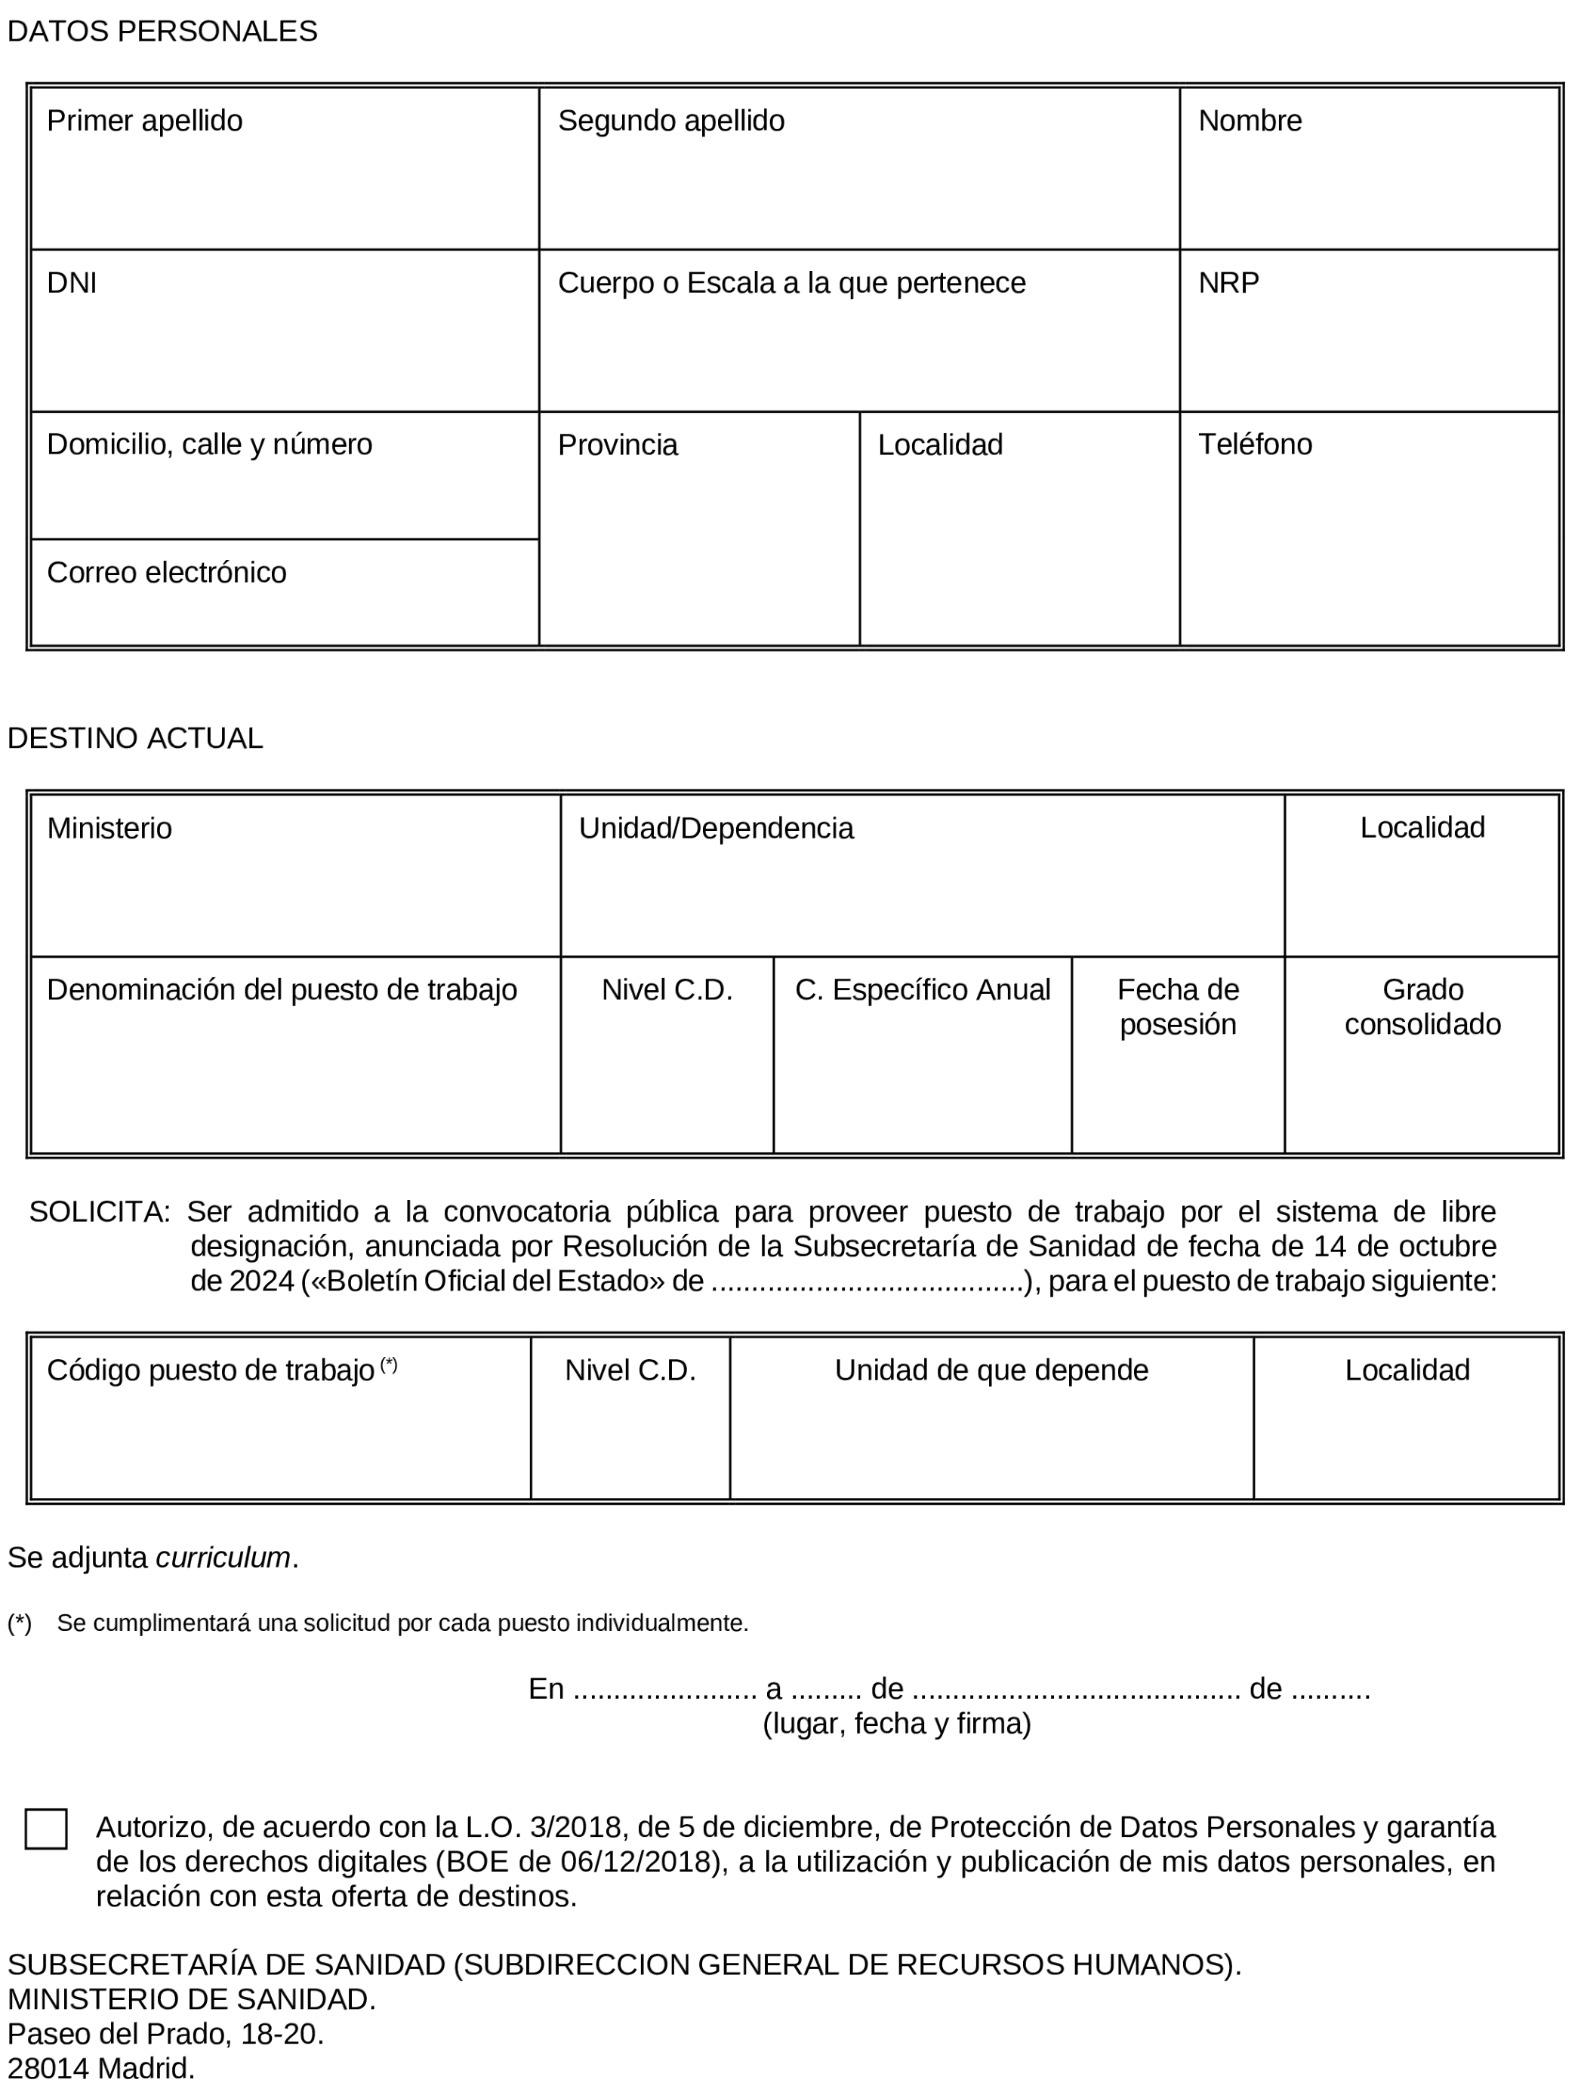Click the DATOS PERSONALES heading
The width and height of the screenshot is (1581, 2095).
click(162, 31)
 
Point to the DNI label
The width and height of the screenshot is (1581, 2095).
click(72, 283)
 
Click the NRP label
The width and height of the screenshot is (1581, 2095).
click(1228, 283)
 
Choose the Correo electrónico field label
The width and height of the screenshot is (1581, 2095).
click(167, 573)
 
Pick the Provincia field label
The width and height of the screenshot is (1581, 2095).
click(618, 445)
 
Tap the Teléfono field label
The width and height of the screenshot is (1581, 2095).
click(1254, 445)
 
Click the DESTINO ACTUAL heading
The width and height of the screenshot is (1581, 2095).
click(135, 738)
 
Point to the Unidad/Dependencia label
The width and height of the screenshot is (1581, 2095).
click(717, 829)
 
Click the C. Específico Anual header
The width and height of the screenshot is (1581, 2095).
click(922, 989)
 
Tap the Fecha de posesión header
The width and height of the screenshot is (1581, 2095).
click(1178, 1007)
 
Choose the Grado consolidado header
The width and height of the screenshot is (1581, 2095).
click(1422, 1007)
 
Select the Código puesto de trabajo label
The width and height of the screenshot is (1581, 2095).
click(211, 1371)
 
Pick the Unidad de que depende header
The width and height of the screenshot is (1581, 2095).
click(991, 1371)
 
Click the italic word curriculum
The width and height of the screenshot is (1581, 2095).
click(223, 1558)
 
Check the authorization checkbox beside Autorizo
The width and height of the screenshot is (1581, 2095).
click(46, 1829)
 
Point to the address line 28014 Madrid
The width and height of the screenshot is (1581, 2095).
click(101, 2069)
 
